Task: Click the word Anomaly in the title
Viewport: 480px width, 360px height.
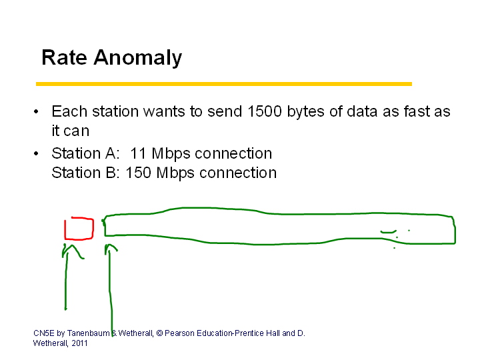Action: pos(138,58)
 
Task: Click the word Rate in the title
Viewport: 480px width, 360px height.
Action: pos(64,57)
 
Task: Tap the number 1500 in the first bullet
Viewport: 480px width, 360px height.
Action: pos(265,111)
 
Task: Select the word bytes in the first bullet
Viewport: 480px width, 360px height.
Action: pos(305,113)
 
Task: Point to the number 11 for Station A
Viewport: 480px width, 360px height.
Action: pos(138,153)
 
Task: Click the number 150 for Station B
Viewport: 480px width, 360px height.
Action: pos(139,173)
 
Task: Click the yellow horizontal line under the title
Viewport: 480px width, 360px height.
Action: pos(224,84)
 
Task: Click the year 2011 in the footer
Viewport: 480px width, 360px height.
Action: pos(79,343)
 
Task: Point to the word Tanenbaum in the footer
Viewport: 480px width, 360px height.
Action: pos(88,333)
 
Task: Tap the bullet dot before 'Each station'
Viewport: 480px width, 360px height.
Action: pos(36,112)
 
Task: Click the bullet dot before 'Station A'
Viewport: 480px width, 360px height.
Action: pos(36,153)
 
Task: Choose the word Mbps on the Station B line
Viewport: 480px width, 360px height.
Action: pos(175,173)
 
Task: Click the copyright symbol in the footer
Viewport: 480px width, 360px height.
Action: pos(159,333)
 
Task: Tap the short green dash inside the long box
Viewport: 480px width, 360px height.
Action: pos(389,232)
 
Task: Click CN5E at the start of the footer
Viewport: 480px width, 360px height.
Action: pos(44,333)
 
